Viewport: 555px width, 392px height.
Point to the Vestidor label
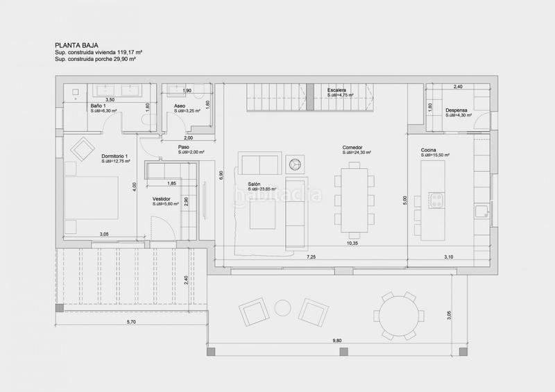coord(163,199)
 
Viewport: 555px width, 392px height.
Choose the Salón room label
coord(255,185)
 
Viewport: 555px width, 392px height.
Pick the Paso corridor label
coord(184,147)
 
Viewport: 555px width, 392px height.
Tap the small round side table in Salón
coord(295,164)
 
